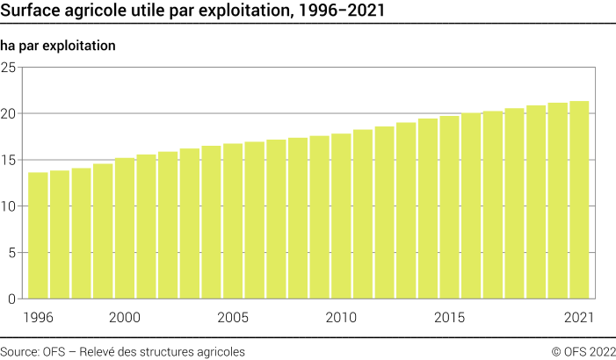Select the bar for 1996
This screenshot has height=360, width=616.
point(38,235)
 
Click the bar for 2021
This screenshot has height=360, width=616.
point(578,200)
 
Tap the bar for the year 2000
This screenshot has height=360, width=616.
point(125,228)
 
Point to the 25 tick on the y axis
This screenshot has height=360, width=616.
point(9,68)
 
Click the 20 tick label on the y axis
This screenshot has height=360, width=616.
point(9,114)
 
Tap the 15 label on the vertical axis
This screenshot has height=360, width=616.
point(9,161)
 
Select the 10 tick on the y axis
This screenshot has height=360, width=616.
point(9,207)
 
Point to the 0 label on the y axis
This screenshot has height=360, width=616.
point(12,299)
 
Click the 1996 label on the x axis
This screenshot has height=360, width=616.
point(38,317)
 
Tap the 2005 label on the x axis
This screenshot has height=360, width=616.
point(233,317)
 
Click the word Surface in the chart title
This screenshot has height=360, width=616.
point(32,11)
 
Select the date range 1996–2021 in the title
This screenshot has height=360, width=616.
point(338,11)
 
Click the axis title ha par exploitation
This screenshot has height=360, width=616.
point(59,44)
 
